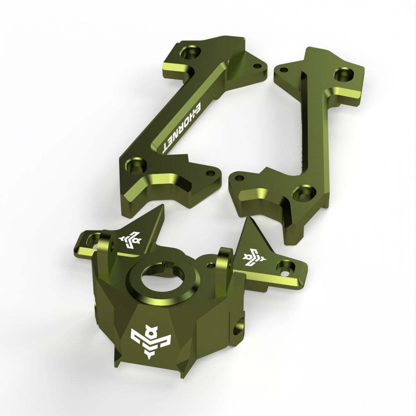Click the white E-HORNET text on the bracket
[182, 128]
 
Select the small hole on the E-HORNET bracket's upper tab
[258, 66]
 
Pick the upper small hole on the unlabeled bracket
[284, 70]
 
